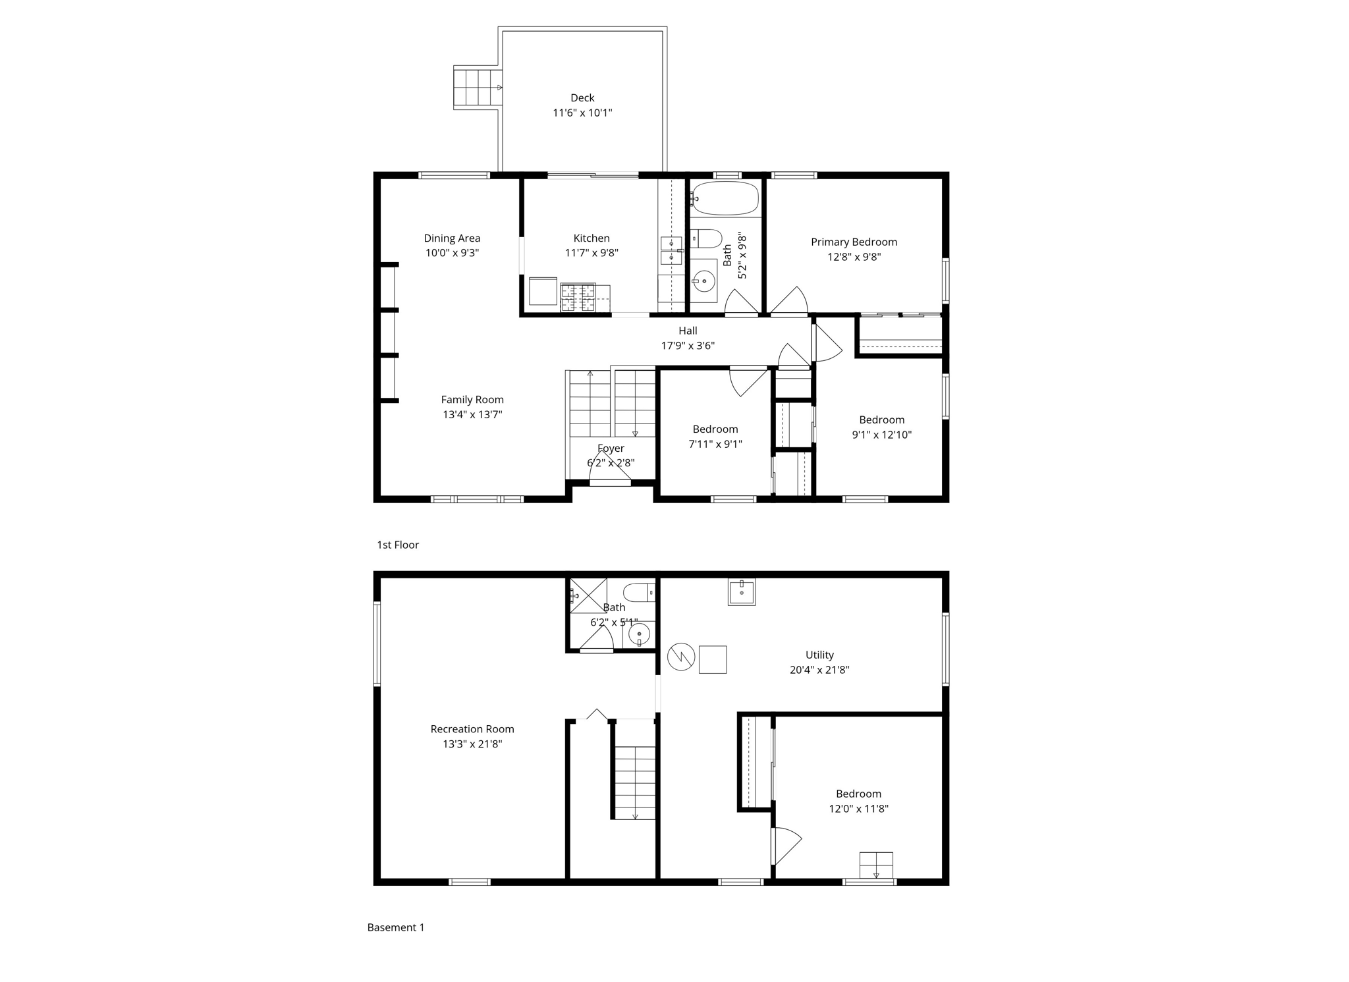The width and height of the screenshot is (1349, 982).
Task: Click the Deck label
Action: pos(582,98)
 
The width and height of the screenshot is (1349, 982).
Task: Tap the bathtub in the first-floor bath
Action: pos(725,198)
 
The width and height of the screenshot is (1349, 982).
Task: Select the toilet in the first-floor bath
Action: pos(707,238)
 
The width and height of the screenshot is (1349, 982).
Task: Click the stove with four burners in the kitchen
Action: pos(578,298)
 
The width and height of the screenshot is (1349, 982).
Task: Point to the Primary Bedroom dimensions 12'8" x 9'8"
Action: pos(854,257)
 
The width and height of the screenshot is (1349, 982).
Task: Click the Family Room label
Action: pos(472,399)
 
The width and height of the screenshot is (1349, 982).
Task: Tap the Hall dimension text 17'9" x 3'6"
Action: pos(688,345)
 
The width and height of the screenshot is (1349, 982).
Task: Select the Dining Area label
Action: pos(452,238)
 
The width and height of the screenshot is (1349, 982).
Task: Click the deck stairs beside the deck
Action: pos(478,88)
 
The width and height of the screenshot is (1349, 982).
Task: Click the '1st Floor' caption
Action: pos(398,545)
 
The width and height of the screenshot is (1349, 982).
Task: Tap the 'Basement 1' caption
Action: pos(396,927)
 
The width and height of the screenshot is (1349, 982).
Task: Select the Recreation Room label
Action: pos(472,729)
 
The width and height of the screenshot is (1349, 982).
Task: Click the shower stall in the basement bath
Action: pos(587,595)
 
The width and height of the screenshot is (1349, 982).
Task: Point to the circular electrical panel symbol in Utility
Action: pos(680,657)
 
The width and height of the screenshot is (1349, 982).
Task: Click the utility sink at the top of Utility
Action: pos(742,591)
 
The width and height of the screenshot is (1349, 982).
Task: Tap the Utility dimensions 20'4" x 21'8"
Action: pos(819,670)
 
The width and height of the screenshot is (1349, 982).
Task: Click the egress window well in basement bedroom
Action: pos(876,865)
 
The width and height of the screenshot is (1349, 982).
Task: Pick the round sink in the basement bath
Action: pos(639,635)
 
